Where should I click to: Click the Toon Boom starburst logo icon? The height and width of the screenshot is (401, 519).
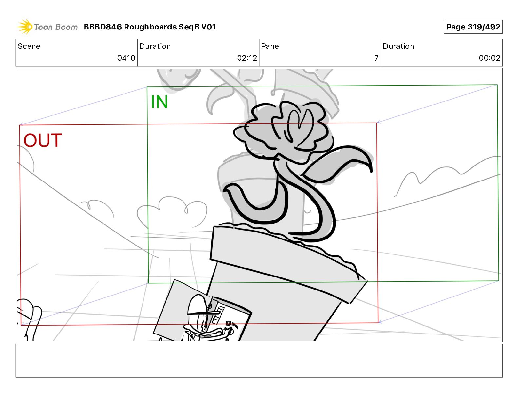(25, 27)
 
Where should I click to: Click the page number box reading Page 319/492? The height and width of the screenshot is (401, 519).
(473, 27)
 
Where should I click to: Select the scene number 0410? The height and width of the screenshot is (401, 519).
(126, 58)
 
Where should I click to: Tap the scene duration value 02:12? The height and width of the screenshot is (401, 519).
(247, 58)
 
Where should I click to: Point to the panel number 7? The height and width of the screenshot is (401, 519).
(376, 58)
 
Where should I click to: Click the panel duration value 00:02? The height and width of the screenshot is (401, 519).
(490, 58)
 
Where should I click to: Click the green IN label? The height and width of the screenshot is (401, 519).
(159, 102)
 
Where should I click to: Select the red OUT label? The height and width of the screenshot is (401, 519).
(43, 141)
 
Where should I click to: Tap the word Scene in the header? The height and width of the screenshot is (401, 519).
(29, 46)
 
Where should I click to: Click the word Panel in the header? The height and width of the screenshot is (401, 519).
(271, 46)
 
